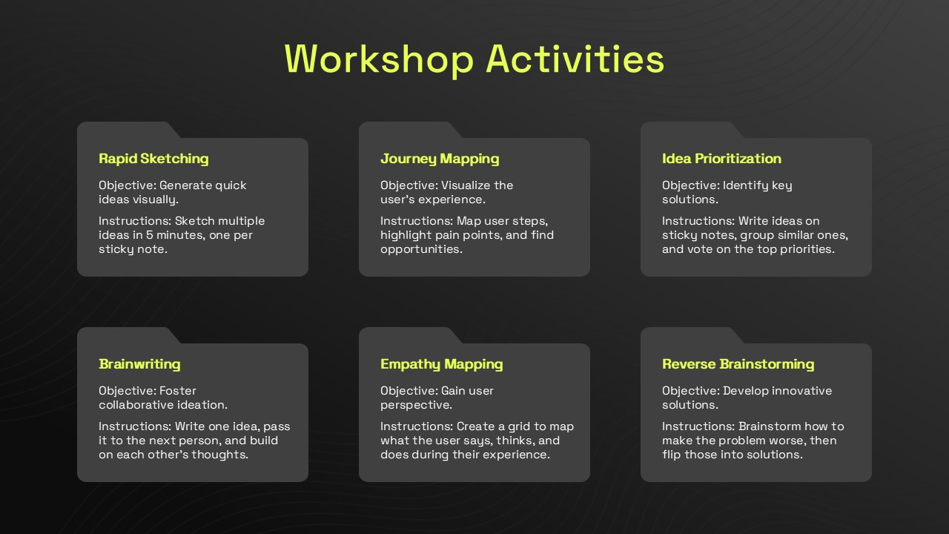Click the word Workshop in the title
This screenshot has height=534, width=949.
point(379,60)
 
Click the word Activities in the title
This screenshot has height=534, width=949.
point(575,59)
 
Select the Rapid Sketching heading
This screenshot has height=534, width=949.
point(153,159)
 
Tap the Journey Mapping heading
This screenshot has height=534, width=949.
point(440,159)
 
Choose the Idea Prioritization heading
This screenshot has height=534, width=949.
point(721,159)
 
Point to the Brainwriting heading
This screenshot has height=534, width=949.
point(139,364)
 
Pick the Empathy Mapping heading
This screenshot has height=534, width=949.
point(441,364)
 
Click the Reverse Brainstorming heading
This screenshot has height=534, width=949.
point(738,364)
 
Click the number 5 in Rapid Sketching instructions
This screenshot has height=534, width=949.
point(150,235)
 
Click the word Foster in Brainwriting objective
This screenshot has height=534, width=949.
point(178,391)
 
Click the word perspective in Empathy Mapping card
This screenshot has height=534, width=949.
point(416,406)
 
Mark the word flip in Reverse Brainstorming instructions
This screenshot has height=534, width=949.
point(671,455)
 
